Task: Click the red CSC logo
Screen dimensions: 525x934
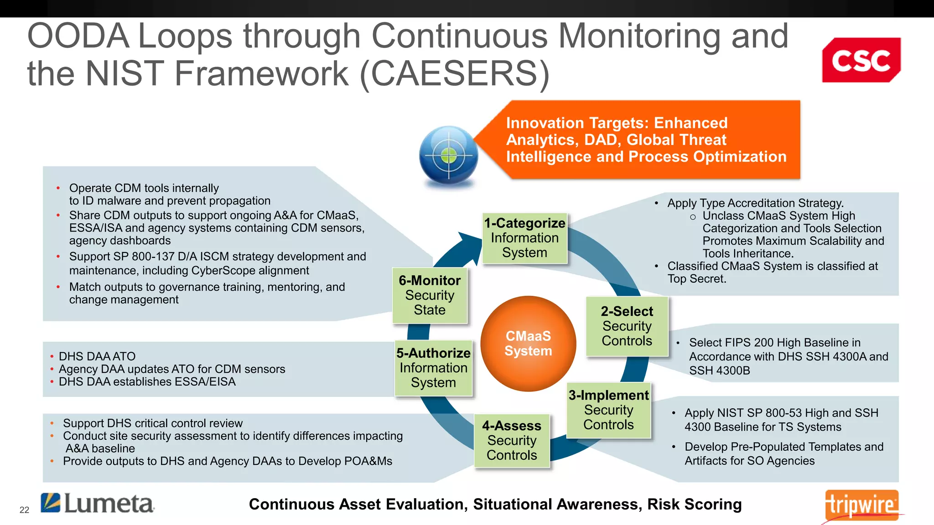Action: click(x=861, y=60)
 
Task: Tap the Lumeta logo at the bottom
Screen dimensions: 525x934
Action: click(x=98, y=504)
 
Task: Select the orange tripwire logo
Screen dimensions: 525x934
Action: click(x=861, y=505)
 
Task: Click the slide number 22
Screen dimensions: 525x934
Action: click(x=24, y=510)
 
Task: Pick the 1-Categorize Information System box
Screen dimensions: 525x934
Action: click(x=524, y=238)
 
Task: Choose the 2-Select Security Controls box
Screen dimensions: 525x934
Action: click(x=627, y=326)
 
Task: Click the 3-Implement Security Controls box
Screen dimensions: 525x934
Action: click(x=608, y=410)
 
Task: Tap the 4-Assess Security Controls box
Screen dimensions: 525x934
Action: click(x=512, y=440)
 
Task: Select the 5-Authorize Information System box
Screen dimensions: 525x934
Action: click(x=433, y=368)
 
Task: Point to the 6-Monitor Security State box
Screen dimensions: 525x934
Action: click(x=430, y=295)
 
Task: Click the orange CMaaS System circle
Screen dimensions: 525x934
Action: click(x=528, y=344)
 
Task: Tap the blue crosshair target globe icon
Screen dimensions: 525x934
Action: click(x=449, y=155)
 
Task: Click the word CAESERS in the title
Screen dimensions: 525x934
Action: click(x=454, y=73)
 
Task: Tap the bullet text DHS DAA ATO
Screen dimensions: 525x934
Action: click(x=97, y=356)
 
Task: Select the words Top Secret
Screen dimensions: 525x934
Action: click(x=696, y=279)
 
